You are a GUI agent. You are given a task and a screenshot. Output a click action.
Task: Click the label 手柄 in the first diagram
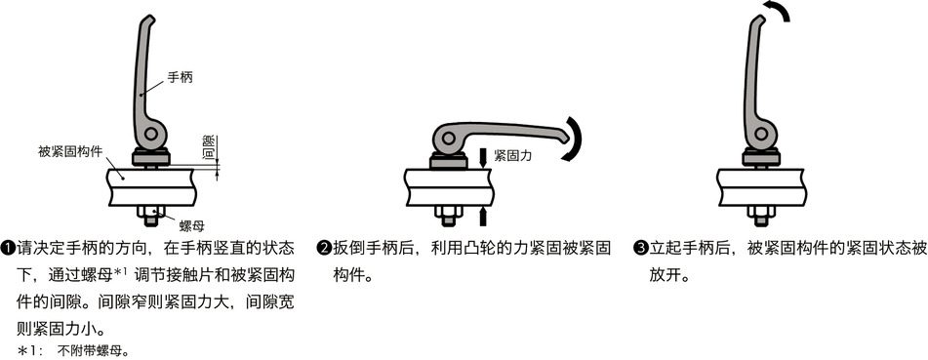point(180,76)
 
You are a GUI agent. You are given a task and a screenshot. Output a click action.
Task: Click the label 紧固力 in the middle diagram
point(513,154)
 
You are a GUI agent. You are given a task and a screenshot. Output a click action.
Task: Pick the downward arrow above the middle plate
point(484,157)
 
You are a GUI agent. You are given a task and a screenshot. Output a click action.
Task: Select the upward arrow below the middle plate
point(484,215)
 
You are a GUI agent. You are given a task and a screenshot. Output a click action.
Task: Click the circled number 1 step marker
point(9,249)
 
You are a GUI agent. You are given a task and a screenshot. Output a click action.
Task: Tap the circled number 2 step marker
point(323,249)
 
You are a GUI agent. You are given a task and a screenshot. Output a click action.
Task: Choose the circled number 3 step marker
point(640,249)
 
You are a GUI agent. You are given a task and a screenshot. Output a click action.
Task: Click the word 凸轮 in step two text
point(460,249)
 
